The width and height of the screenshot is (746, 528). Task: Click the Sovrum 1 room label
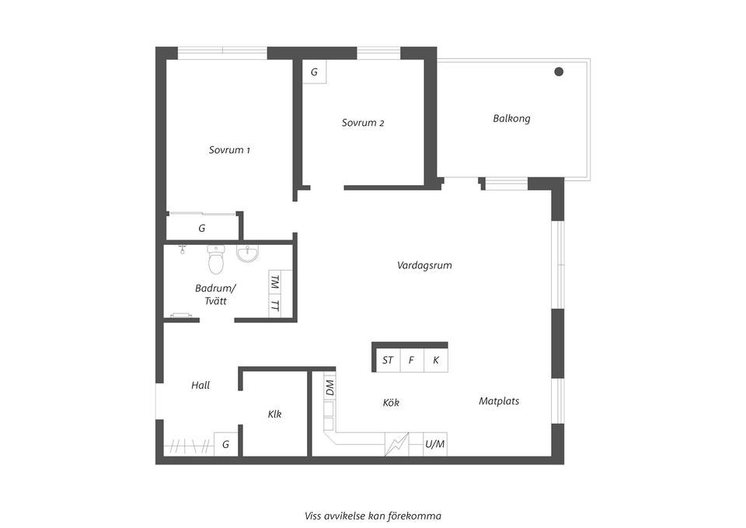(x=229, y=150)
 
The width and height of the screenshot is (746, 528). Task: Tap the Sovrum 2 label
(x=363, y=123)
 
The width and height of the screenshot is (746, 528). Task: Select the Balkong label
(x=511, y=118)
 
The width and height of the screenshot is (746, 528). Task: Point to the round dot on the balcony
(x=559, y=72)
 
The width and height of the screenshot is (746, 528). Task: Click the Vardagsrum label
(x=424, y=265)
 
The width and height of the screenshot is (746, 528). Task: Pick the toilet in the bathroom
(x=216, y=259)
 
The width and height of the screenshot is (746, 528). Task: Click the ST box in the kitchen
(x=388, y=360)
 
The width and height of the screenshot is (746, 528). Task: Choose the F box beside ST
(x=412, y=360)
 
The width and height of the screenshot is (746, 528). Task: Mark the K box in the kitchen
(x=435, y=360)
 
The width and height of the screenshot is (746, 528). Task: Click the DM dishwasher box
(x=329, y=387)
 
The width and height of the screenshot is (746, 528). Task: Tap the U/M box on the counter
(x=435, y=444)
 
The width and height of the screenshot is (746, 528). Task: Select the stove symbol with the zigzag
(x=397, y=444)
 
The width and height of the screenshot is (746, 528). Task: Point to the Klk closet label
(x=274, y=414)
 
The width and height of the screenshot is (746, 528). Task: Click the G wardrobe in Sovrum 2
(x=314, y=72)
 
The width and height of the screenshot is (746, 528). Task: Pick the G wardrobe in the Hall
(x=225, y=444)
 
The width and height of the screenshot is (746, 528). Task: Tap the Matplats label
(x=499, y=401)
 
